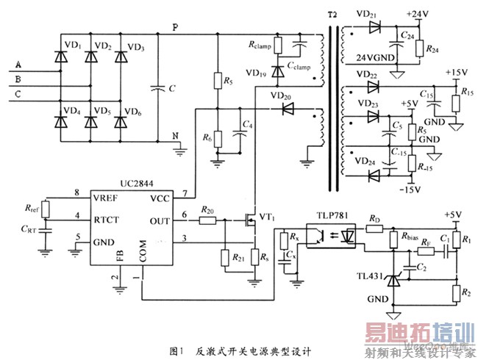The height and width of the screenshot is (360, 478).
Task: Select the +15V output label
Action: [x=457, y=73]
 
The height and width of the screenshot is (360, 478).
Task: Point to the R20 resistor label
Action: [x=209, y=211]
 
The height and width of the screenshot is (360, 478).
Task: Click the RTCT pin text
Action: [x=107, y=218]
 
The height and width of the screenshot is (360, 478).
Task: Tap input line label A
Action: [x=16, y=65]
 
